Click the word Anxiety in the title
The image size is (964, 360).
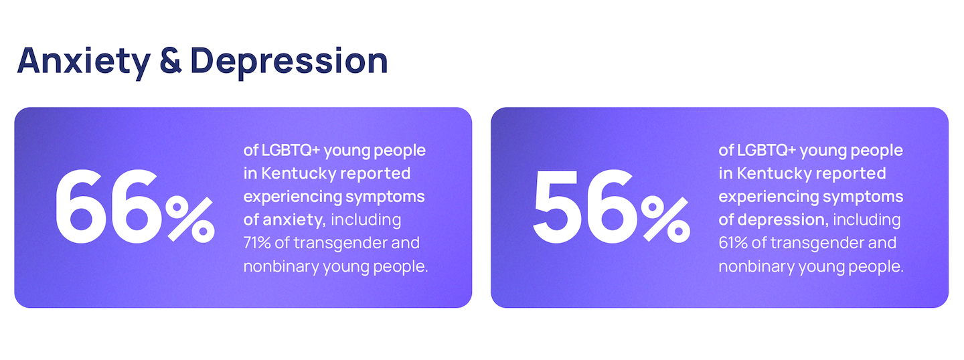point(84,62)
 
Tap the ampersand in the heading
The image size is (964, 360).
point(171,61)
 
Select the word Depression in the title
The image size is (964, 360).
point(289,62)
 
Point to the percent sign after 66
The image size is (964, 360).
point(190,219)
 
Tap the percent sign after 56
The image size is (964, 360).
point(665,219)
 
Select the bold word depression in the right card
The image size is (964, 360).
point(783,219)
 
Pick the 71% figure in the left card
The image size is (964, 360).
point(257,243)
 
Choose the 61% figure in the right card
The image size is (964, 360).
point(733,243)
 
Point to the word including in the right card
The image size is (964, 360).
point(867,220)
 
